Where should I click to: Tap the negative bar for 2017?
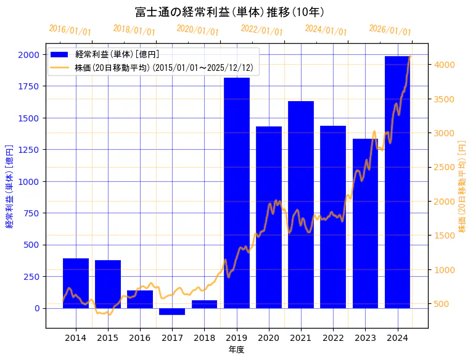172,311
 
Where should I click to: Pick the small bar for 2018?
204,304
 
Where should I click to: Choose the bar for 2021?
301,204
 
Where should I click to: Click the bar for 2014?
76,283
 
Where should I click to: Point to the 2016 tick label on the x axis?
140,338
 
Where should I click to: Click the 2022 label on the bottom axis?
333,338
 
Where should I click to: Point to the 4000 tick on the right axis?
444,65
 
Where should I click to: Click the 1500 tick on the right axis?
444,235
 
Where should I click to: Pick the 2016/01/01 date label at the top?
70,30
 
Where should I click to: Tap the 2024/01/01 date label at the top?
326,30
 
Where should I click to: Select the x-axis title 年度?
236,350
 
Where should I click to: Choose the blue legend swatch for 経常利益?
60,54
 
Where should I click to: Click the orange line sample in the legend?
60,67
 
